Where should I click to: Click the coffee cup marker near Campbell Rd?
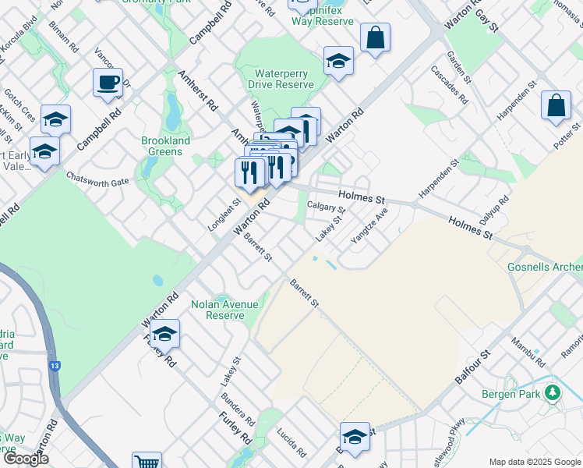tap(108, 82)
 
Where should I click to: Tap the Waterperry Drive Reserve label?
tap(281, 79)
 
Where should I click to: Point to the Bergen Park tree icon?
tap(553, 392)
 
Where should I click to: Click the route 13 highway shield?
tap(53, 364)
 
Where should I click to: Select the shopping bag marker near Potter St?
tap(556, 107)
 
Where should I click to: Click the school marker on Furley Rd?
tap(164, 334)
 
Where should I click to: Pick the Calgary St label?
tap(326, 207)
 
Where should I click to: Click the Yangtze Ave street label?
tap(369, 225)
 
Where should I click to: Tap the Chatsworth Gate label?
tap(97, 179)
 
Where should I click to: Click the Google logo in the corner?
tap(26, 459)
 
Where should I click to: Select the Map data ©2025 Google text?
tap(534, 462)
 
